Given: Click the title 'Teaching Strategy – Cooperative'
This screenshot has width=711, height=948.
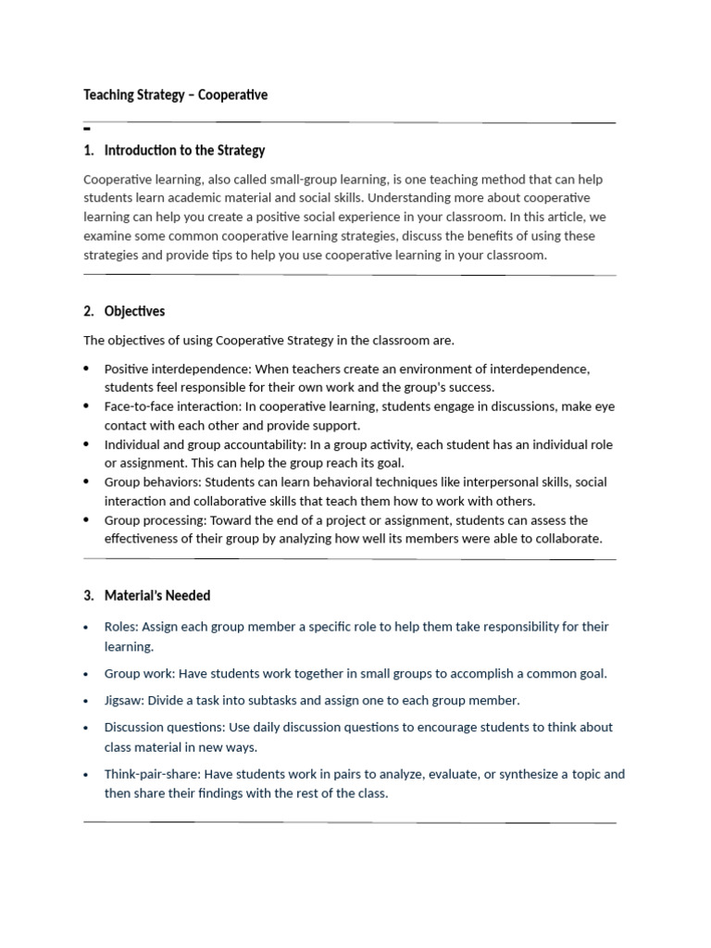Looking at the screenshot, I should [x=175, y=94].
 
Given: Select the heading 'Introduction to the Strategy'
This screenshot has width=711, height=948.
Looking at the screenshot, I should [x=184, y=150].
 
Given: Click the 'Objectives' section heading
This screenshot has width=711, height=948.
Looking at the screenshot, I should [x=134, y=311].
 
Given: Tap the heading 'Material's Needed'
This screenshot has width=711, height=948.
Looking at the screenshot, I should [x=157, y=595].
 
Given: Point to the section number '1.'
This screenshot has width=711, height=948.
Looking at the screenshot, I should [x=89, y=150].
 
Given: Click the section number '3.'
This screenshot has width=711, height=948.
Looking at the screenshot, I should [x=89, y=595].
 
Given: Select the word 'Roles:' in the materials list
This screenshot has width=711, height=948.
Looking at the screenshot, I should [x=121, y=627].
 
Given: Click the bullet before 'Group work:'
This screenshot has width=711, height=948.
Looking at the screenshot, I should [x=86, y=674].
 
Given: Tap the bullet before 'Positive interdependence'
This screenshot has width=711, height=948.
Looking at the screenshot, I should [x=86, y=368].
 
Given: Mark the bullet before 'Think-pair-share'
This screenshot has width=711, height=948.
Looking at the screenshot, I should [x=86, y=774].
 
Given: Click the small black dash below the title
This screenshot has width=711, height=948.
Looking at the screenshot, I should [x=86, y=130].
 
